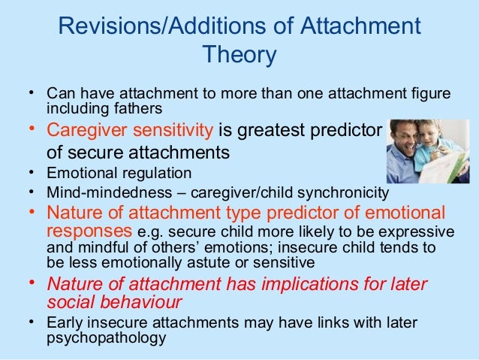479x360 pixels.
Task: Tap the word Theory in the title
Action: pyautogui.click(x=239, y=56)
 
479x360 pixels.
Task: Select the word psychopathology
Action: pyautogui.click(x=106, y=337)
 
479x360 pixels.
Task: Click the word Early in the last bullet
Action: pyautogui.click(x=65, y=322)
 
